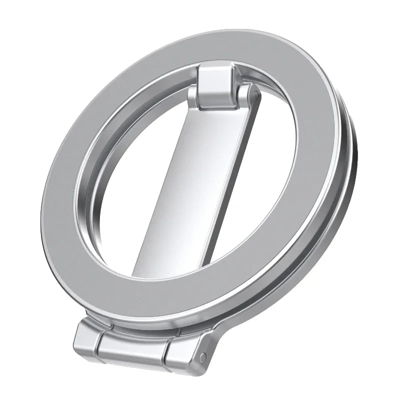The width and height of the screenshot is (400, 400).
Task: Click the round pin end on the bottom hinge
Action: (x=202, y=356)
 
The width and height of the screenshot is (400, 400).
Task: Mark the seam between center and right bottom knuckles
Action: (x=167, y=352)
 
